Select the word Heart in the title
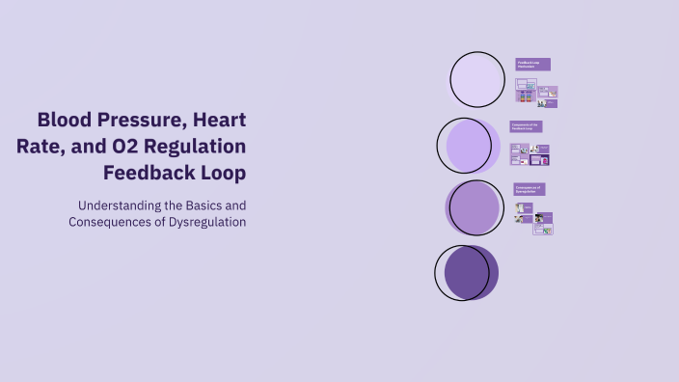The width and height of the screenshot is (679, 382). click(219, 121)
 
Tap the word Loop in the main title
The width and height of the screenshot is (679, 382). click(225, 173)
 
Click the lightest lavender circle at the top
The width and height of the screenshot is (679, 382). click(477, 80)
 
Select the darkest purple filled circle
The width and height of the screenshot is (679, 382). click(468, 272)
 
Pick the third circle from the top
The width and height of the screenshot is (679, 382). click(474, 208)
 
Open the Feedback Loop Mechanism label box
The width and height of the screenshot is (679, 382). click(532, 65)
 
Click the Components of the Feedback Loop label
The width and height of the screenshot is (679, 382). click(526, 126)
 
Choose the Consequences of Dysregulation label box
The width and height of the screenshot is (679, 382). click(529, 189)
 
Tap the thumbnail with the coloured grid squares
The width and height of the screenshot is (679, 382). click(526, 97)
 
